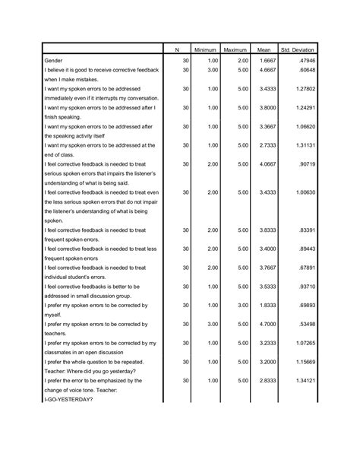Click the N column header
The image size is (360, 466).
coord(175,49)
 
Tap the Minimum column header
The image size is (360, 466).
coord(205,49)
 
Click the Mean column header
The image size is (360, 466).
coord(264,49)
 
